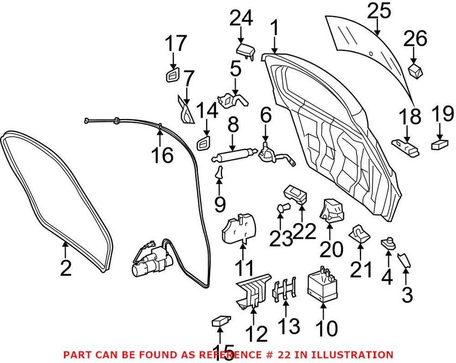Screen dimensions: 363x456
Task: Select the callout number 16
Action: coord(161,156)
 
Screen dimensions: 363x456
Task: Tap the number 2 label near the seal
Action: coord(65,267)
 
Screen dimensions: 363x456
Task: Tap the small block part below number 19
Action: coord(439,144)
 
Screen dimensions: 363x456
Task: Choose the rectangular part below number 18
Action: coord(406,145)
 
